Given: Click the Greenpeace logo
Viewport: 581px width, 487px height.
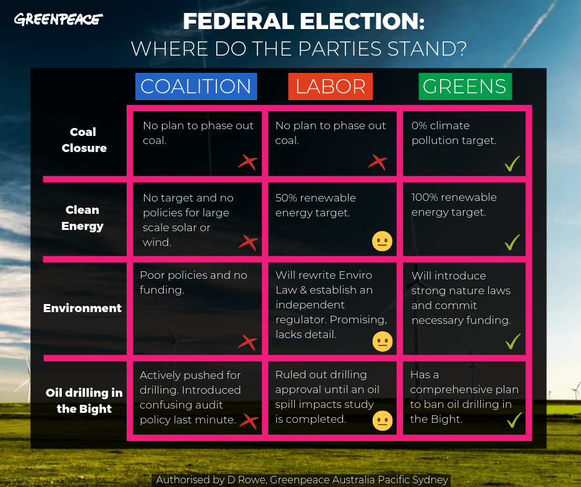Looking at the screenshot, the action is (x=58, y=19).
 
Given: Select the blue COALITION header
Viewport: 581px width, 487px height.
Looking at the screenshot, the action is (x=196, y=87).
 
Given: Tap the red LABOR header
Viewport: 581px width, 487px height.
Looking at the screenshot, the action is (x=330, y=87).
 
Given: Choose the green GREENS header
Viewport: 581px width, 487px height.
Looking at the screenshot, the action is (x=465, y=87).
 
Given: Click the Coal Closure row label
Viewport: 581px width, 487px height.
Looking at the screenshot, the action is (x=84, y=140).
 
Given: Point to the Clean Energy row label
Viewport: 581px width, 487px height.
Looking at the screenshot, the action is (x=82, y=218).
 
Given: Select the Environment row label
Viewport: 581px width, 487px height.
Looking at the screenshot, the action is (x=82, y=308).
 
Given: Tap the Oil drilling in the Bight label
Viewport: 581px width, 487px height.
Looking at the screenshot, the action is (x=84, y=400).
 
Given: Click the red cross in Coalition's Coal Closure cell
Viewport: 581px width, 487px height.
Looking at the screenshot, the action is (x=248, y=163).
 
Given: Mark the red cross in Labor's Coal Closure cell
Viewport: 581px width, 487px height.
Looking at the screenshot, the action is (x=378, y=163).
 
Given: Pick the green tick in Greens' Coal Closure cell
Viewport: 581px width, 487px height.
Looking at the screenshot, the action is (x=512, y=163).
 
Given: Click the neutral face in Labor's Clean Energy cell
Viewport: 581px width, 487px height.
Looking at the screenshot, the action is (x=382, y=241).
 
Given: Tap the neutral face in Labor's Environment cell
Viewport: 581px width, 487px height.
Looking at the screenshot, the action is (x=383, y=341).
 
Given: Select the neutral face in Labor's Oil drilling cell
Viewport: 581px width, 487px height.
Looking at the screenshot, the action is (x=383, y=421).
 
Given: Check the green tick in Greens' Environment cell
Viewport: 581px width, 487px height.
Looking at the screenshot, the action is (x=513, y=341).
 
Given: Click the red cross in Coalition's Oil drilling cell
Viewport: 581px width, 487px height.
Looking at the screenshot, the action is (x=249, y=421).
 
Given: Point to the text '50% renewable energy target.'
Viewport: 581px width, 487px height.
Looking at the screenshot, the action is (x=315, y=205).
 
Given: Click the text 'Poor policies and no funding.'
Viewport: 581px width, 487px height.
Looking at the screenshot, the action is (x=193, y=282).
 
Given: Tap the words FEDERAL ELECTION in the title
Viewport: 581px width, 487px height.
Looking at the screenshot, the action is (x=303, y=21).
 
